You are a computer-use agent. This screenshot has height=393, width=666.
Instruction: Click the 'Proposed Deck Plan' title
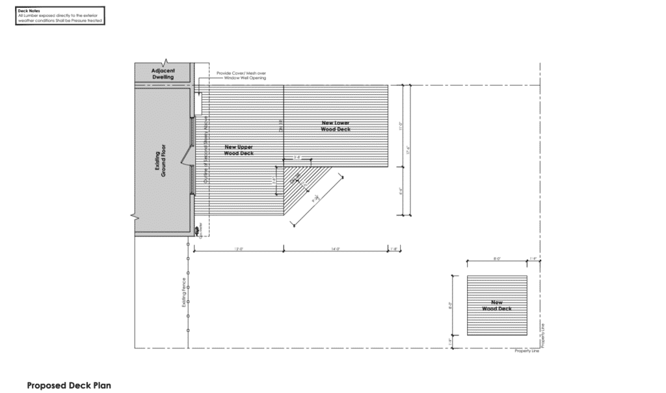(69, 385)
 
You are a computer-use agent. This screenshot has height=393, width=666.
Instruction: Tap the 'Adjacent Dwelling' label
(163, 73)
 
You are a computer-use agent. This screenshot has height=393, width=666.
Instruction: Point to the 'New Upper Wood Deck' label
(239, 150)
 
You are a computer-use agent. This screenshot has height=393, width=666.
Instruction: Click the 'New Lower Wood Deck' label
(336, 126)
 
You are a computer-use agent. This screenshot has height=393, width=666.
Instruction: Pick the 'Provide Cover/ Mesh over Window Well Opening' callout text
(241, 76)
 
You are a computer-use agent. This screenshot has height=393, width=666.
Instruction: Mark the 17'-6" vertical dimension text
(408, 149)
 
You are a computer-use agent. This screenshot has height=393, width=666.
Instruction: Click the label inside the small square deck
(497, 305)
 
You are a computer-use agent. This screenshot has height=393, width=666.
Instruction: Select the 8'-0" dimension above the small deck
(497, 259)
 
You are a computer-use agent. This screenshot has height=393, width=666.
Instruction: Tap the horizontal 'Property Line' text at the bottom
(527, 351)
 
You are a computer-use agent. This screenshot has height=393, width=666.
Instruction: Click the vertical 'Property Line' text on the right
(542, 334)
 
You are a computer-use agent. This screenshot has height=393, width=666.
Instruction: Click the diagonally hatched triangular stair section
(306, 188)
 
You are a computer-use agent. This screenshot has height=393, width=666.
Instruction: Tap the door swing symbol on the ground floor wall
(188, 155)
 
